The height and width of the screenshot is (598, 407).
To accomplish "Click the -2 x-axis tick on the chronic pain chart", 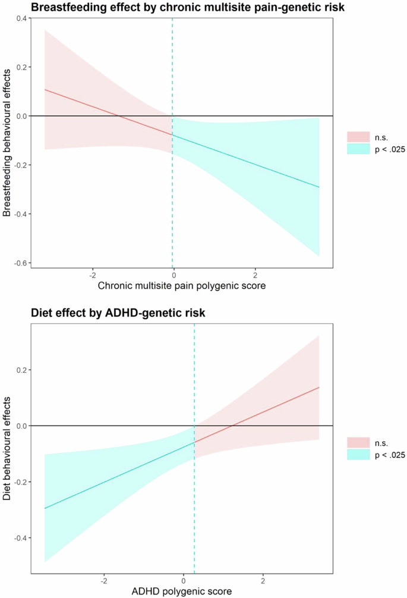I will [x=92, y=276].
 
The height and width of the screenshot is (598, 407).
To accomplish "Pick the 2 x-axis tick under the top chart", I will [x=255, y=276].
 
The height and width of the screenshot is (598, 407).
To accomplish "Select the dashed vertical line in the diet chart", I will [x=194, y=505].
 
